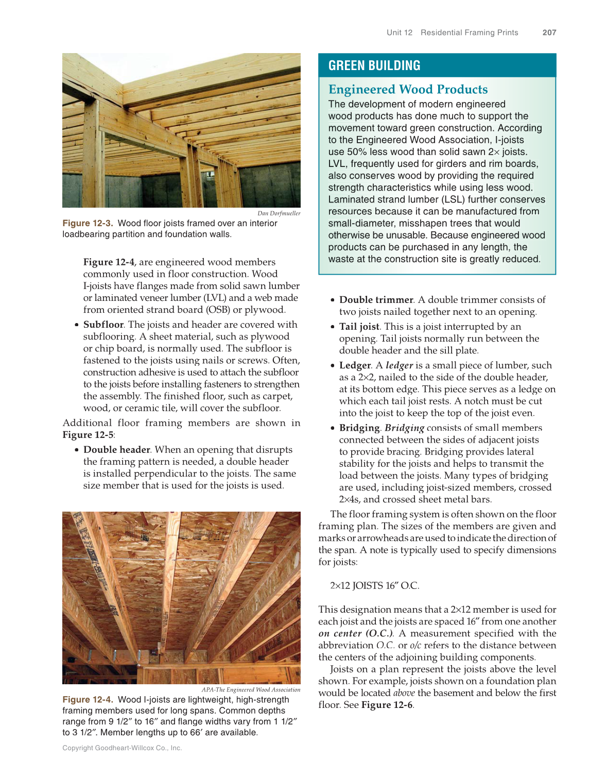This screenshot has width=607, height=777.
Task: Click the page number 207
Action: pos(549,32)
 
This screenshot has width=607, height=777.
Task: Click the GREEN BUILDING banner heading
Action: pos(374,65)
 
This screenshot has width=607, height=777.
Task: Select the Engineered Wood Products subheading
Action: pos(408,90)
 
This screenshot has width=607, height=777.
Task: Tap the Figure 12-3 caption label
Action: pos(88,223)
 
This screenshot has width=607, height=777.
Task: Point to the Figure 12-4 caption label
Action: pos(88,700)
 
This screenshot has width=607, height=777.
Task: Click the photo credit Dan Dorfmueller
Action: pos(279,213)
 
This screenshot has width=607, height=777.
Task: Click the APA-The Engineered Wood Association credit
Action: pos(251,689)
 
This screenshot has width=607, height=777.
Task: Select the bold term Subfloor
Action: pos(103,325)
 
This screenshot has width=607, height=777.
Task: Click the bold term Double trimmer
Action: pos(376,300)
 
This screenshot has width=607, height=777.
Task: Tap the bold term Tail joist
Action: pos(359,327)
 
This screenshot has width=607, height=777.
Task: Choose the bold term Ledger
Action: pos(355,365)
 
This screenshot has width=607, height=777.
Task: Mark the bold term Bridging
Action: pos(359,428)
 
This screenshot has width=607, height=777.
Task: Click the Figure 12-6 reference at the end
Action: pos(387,705)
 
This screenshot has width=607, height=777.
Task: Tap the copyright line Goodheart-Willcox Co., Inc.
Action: pos(122,748)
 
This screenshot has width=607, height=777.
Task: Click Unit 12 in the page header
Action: pos(400,32)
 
